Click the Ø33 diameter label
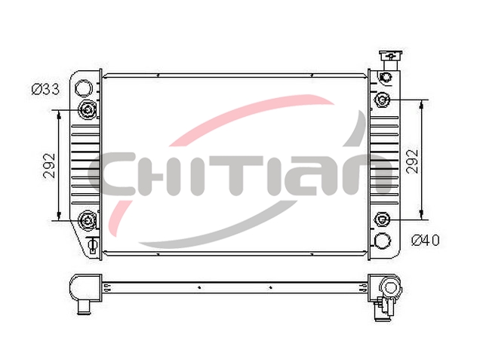pos(45,90)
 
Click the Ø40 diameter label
pos(426,240)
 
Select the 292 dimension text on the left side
pos(49,165)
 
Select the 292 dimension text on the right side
pos(413,161)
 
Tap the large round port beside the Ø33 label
pos(84,88)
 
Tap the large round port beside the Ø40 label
pos(383,241)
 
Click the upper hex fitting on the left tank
pos(88,109)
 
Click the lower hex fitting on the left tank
pos(88,220)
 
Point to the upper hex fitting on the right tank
pos(383,100)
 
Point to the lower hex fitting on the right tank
pos(382,219)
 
